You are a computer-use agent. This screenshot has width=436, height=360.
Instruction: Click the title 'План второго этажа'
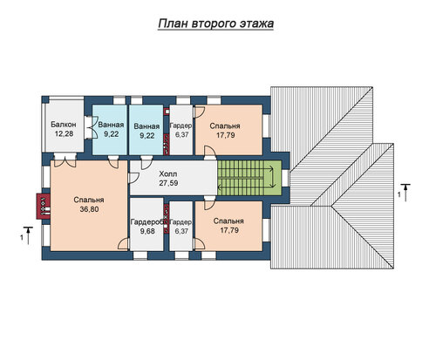point(215,24)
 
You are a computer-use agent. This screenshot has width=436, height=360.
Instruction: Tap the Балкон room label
point(64,125)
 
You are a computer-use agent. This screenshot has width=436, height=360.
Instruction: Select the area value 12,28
point(64,134)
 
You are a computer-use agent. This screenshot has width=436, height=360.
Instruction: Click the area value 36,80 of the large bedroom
point(89,209)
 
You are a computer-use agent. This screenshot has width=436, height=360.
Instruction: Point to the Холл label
point(168,174)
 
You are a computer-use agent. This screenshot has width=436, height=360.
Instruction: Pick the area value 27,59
point(168,183)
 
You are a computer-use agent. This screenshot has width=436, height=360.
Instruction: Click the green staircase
point(249,178)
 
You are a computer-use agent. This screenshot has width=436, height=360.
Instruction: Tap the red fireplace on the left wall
point(43,207)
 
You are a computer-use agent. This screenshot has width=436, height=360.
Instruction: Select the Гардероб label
point(146,222)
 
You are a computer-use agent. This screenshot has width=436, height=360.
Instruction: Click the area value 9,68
point(147,231)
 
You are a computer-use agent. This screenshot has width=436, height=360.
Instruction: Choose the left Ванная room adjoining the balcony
point(110,130)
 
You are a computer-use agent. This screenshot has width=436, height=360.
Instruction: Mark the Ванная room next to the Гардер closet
point(146,130)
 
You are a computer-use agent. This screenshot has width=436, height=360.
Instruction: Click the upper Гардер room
point(181,130)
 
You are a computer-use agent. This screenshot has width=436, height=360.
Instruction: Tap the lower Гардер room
point(181,226)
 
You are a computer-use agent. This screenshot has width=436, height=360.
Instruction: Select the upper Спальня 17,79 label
point(225,131)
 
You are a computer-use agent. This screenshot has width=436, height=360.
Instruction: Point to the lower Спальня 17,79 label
point(228,226)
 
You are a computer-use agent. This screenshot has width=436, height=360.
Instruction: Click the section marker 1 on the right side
point(405,193)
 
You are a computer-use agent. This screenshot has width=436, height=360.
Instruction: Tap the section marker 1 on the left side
point(26,235)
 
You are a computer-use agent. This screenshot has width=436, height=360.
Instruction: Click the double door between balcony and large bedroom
point(65,160)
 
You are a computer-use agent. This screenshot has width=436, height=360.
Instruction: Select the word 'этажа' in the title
point(256,24)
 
